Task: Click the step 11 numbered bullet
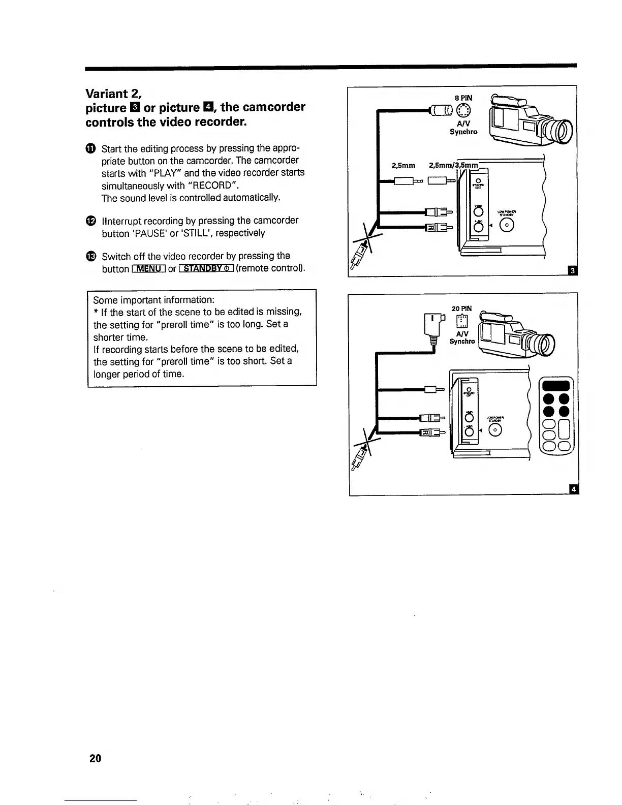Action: pyautogui.click(x=90, y=148)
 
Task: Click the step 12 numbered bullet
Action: pyautogui.click(x=90, y=221)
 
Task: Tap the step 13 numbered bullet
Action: pyautogui.click(x=90, y=256)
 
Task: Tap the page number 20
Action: pyautogui.click(x=95, y=758)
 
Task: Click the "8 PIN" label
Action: pyautogui.click(x=463, y=98)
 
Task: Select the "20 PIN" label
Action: pyautogui.click(x=461, y=308)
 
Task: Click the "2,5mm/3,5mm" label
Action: pyautogui.click(x=454, y=165)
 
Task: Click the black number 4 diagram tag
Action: pyautogui.click(x=574, y=489)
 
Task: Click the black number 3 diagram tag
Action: pyautogui.click(x=572, y=271)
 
